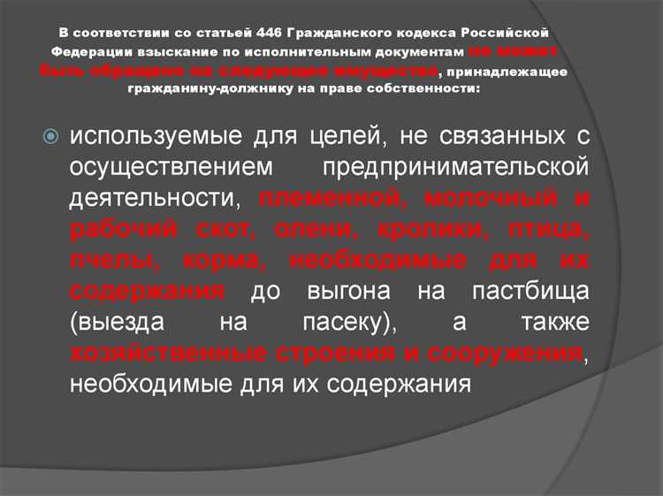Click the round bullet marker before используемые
point(50,137)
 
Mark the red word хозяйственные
point(163,354)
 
